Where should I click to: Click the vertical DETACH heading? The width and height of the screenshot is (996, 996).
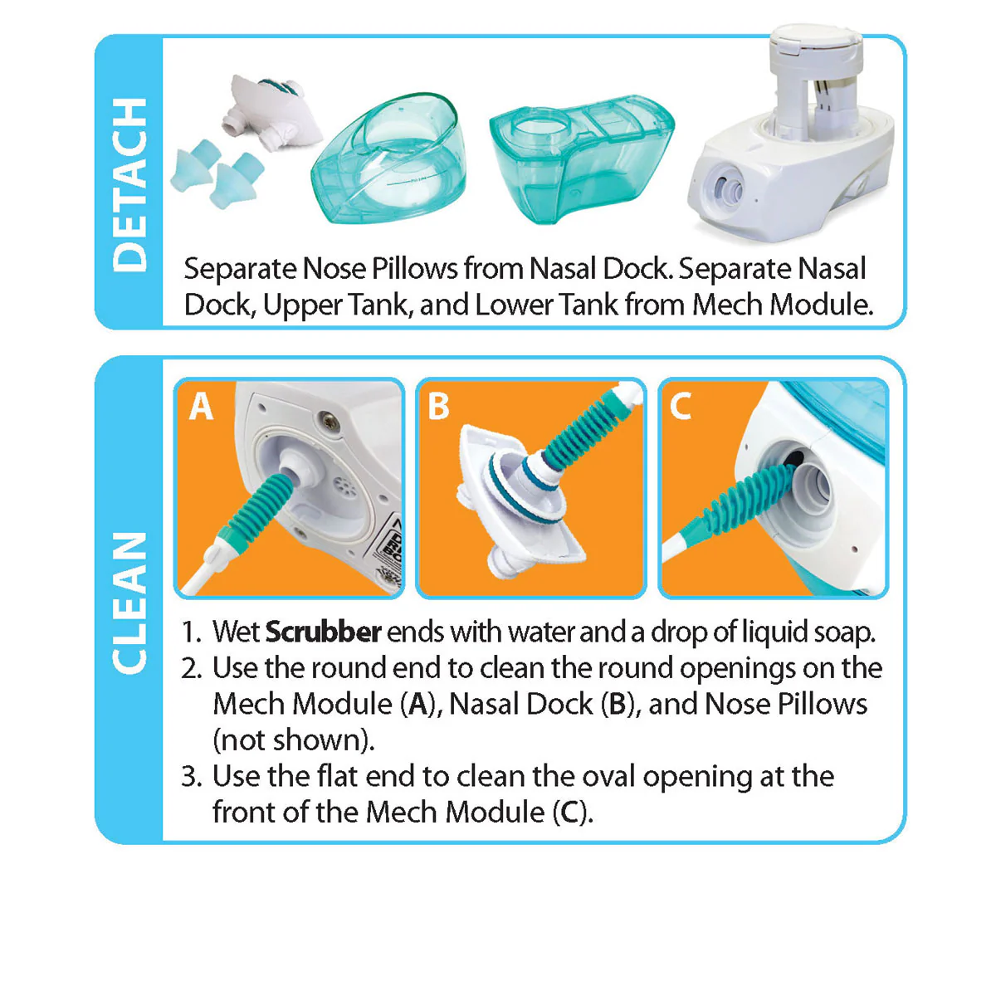[x=129, y=184]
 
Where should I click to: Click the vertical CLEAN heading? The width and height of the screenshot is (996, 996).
[x=129, y=603]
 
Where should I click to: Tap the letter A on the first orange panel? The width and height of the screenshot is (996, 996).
[x=201, y=407]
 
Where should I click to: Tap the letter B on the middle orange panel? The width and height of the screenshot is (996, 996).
[x=438, y=407]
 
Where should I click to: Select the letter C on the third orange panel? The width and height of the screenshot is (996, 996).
[x=681, y=407]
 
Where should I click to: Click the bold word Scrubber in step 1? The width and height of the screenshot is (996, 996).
[x=323, y=632]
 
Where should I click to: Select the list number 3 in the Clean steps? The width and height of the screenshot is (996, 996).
[x=192, y=777]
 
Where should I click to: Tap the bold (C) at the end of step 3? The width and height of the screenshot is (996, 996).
[x=573, y=812]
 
